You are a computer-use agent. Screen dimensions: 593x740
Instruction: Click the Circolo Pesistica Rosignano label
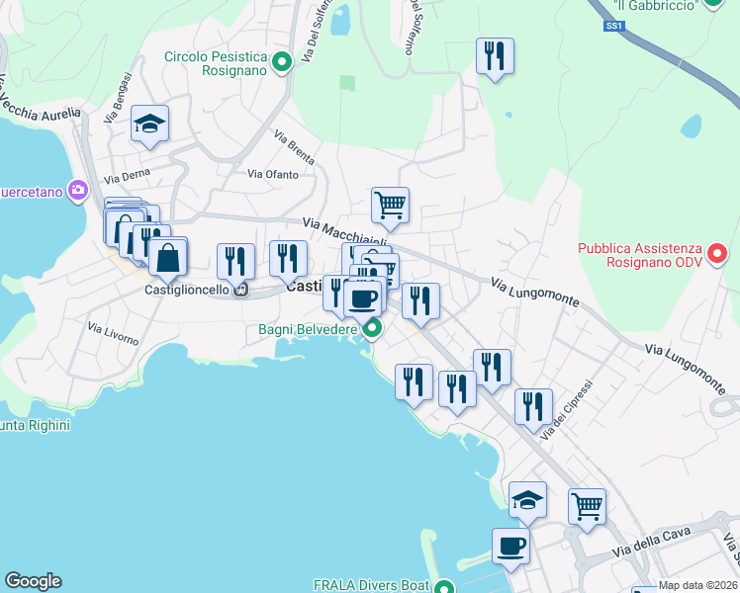pos(216,64)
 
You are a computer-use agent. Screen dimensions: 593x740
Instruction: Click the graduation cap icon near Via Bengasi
pos(148,125)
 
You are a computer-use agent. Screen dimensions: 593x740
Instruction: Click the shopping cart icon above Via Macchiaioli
pos(390,206)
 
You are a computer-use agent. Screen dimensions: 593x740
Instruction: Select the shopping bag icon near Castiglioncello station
pos(168,258)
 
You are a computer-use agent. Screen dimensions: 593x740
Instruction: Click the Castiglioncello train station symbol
pos(239,291)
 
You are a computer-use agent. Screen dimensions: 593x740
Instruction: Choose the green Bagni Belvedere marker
pos(372,328)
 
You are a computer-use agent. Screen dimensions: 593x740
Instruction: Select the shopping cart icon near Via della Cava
pos(587,506)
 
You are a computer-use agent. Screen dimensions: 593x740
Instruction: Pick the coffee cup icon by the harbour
pos(510,546)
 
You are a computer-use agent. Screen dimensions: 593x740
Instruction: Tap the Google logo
pos(33,581)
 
